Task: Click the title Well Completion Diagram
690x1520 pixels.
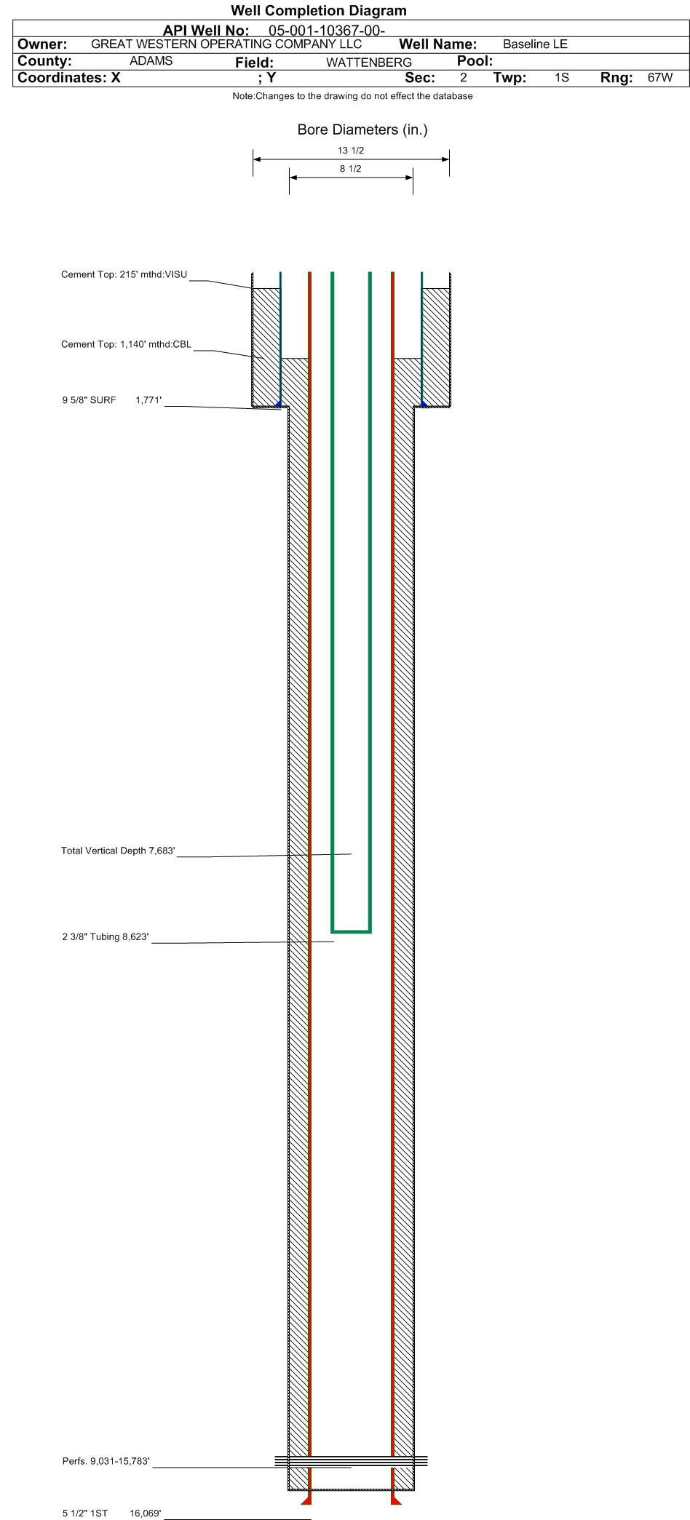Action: point(319,11)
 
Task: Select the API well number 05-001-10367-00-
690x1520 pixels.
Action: point(327,31)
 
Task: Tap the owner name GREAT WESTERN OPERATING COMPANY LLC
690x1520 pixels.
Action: point(226,44)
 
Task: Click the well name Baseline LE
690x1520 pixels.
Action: point(535,44)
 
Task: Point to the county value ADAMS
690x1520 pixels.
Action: point(151,61)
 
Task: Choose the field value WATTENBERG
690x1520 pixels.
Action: point(369,63)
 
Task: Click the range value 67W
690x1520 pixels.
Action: point(660,78)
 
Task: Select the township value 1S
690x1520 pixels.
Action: point(561,78)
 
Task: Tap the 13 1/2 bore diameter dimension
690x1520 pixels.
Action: point(351,151)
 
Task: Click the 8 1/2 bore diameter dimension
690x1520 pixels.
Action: point(351,169)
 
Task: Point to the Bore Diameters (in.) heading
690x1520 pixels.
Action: point(362,130)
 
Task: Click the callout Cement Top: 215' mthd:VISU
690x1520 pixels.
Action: point(124,275)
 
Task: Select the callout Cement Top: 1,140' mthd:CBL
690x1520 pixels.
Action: point(126,345)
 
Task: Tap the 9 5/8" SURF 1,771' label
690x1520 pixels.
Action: point(112,400)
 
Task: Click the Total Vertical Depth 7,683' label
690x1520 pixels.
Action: point(118,851)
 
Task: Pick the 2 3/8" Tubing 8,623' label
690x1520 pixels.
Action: point(106,937)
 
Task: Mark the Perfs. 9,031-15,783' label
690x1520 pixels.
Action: point(106,1462)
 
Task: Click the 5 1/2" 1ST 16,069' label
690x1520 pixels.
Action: point(112,1513)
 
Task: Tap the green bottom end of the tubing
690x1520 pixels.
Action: point(352,931)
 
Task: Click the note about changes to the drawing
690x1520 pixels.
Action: point(352,96)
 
